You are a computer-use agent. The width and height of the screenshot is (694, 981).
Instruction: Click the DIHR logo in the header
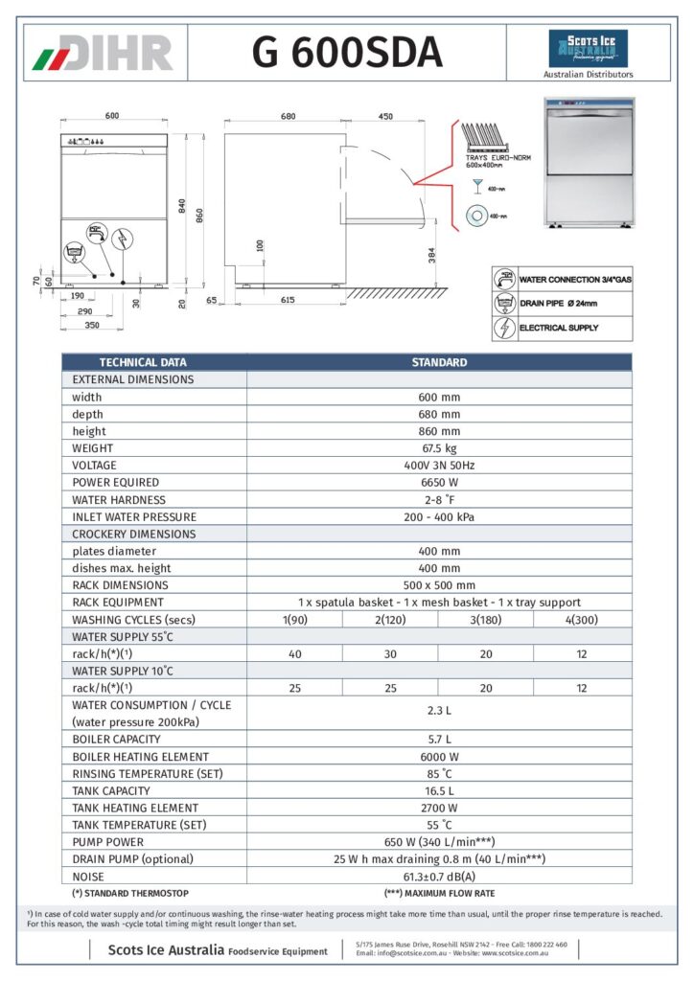tap(103, 53)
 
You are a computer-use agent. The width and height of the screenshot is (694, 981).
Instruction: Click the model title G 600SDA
tap(347, 53)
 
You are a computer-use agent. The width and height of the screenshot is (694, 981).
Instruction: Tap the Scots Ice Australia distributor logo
tap(588, 49)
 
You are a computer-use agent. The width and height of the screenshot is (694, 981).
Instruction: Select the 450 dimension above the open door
tap(385, 116)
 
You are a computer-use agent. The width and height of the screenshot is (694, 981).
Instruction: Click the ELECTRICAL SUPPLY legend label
tap(558, 328)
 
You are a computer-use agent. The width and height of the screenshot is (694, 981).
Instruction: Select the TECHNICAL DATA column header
tap(143, 362)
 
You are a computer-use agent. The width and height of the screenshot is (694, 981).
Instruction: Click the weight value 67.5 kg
tap(438, 448)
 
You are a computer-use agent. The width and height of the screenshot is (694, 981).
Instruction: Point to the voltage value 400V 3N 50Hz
tap(438, 466)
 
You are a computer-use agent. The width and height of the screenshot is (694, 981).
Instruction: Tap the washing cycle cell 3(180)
tap(486, 619)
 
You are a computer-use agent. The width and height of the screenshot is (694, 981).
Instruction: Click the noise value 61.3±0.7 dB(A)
tap(438, 876)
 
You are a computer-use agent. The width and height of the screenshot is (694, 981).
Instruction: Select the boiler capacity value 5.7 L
tap(438, 740)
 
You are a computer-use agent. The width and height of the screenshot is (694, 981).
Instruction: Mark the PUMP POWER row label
tap(107, 842)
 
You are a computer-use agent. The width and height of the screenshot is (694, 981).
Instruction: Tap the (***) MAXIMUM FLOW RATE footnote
tap(439, 893)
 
